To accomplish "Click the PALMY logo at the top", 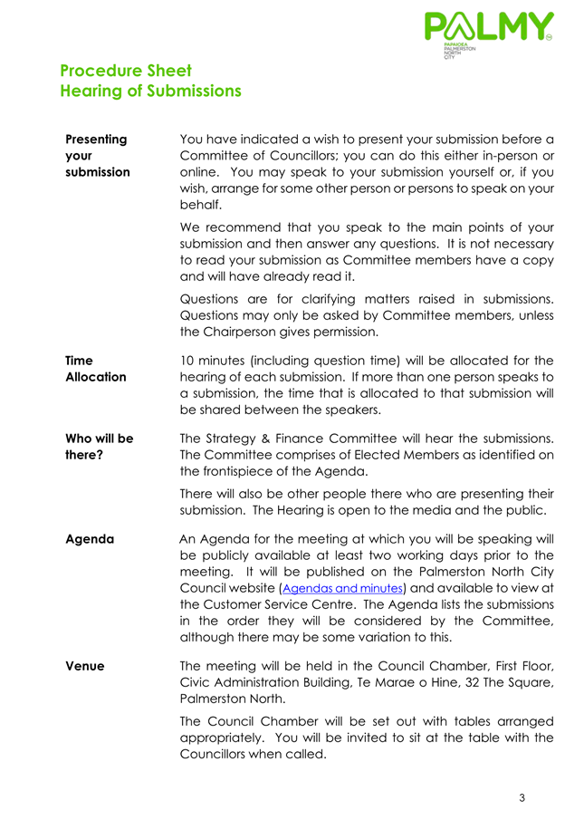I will pyautogui.click(x=487, y=34).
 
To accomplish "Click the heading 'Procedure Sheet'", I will pyautogui.click(x=125, y=70).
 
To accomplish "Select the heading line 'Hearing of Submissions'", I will pyautogui.click(x=150, y=91).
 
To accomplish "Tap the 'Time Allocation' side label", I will pyautogui.click(x=95, y=368).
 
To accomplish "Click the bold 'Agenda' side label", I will pyautogui.click(x=90, y=538).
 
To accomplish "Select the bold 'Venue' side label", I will pyautogui.click(x=84, y=666).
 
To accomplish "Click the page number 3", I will pyautogui.click(x=522, y=798).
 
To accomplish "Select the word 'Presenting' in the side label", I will pyautogui.click(x=96, y=140).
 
